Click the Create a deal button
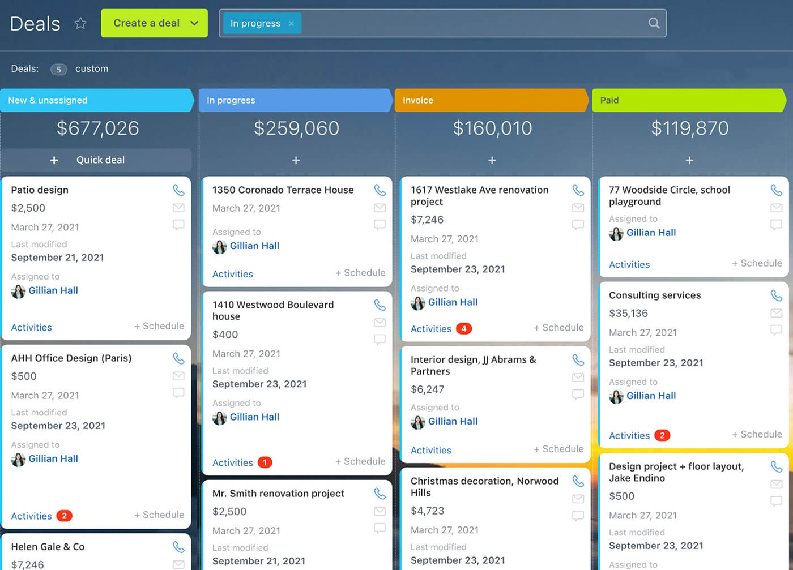154,23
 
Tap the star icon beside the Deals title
80,23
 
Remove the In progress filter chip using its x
291,24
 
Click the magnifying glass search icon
654,23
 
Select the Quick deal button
96,160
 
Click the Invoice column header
491,100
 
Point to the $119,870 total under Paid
689,128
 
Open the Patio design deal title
40,190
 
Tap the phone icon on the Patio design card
178,190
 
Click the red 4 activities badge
464,329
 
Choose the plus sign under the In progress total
296,161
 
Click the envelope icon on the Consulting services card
776,313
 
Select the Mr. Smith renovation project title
278,494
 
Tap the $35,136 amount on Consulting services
628,314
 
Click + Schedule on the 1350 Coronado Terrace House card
360,273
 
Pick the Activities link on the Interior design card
431,451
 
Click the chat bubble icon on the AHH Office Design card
178,393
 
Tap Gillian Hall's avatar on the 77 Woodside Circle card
616,233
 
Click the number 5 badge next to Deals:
58,69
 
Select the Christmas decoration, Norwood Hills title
484,487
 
